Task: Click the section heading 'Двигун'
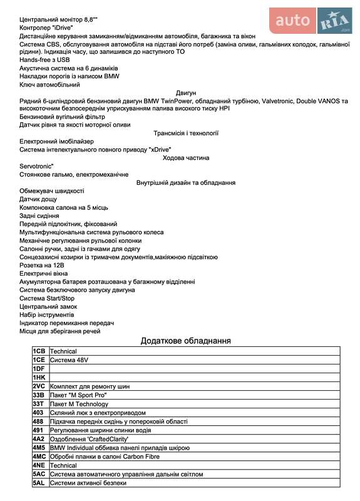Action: [186, 92]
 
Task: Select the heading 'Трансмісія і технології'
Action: [186, 133]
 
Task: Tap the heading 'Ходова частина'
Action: [186, 158]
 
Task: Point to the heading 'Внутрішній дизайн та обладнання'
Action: [186, 182]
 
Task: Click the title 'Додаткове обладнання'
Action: [186, 341]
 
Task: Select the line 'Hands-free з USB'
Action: [44, 59]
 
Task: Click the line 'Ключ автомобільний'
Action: [49, 84]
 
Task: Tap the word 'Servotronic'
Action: [38, 166]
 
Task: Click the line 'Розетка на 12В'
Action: [43, 265]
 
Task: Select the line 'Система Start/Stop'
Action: [47, 298]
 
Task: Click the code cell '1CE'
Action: [39, 360]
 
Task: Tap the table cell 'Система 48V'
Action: [69, 360]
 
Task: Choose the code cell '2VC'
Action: [39, 386]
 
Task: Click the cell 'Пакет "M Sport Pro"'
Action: [78, 395]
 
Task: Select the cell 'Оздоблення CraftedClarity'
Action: [89, 439]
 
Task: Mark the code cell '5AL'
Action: [39, 483]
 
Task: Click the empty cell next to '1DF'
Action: [188, 369]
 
